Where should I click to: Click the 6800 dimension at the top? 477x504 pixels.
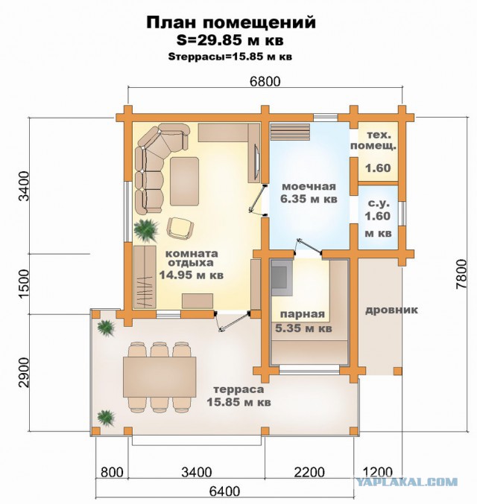pos(265,81)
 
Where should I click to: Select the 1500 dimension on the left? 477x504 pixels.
pos(24,284)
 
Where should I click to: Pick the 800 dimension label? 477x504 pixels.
pos(112,473)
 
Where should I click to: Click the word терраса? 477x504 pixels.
pos(238,389)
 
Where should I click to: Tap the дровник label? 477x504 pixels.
pos(391,310)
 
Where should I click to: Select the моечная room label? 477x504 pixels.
pos(309,186)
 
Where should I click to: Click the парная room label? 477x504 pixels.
pos(303,314)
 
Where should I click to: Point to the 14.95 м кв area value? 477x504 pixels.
pos(192,275)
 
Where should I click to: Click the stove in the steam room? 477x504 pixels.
pos(282,278)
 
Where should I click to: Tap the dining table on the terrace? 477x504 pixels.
pos(159,377)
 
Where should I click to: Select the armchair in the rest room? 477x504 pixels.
pos(180,228)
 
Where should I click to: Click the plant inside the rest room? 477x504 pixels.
pos(146,230)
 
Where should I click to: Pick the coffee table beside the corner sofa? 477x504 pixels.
pos(184,182)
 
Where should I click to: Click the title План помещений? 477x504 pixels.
pos(231,23)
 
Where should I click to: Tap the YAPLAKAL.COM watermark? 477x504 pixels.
pos(406,482)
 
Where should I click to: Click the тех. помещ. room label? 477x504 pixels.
pos(373,140)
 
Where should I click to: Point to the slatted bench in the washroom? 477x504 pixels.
pos(291,132)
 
